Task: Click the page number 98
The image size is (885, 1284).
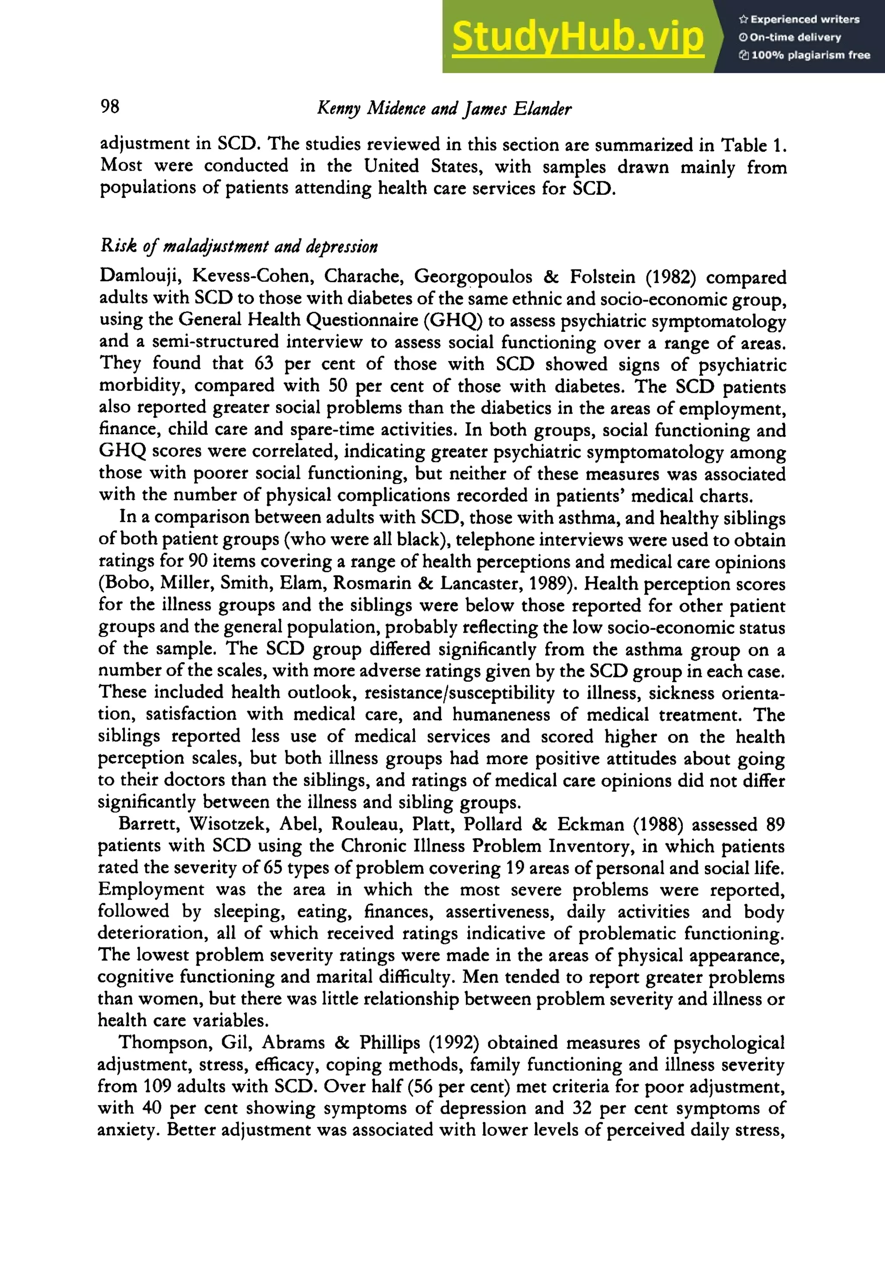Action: [x=110, y=106]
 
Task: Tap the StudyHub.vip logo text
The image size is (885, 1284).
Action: [x=577, y=37]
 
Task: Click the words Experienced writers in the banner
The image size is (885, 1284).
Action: [x=805, y=19]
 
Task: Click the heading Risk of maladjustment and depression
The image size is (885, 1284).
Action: [x=239, y=246]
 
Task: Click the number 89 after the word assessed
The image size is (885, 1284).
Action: [x=775, y=824]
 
